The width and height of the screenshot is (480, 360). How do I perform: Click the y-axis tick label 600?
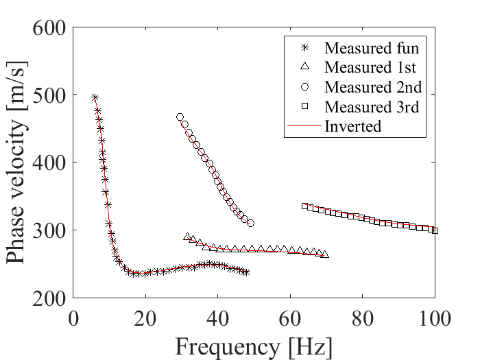pyautogui.click(x=49, y=28)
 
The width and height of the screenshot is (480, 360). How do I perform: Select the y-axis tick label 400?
pyautogui.click(x=49, y=163)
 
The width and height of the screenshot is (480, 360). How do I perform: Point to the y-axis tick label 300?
pyautogui.click(x=49, y=230)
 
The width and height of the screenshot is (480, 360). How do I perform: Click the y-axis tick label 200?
pyautogui.click(x=49, y=298)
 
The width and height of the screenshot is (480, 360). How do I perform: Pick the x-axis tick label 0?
pyautogui.click(x=73, y=318)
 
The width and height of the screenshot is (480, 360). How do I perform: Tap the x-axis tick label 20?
pyautogui.click(x=145, y=318)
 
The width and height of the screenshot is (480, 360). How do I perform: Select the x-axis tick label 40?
pyautogui.click(x=217, y=318)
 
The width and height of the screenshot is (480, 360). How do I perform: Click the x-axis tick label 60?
pyautogui.click(x=290, y=318)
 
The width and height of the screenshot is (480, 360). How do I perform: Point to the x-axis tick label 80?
pyautogui.click(x=363, y=318)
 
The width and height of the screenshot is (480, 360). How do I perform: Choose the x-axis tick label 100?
pyautogui.click(x=435, y=318)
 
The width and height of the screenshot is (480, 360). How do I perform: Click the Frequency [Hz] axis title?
pyautogui.click(x=254, y=348)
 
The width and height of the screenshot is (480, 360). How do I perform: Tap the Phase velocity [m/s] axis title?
pyautogui.click(x=16, y=163)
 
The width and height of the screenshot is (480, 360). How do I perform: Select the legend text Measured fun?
pyautogui.click(x=372, y=48)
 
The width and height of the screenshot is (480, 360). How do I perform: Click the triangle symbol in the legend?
pyautogui.click(x=305, y=66)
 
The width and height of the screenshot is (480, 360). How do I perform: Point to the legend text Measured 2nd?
pyautogui.click(x=373, y=87)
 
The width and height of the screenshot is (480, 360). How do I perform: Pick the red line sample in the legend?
pyautogui.click(x=304, y=125)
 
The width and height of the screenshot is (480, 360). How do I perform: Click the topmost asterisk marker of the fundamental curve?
pyautogui.click(x=95, y=97)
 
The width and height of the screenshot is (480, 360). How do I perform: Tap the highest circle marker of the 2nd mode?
pyautogui.click(x=180, y=117)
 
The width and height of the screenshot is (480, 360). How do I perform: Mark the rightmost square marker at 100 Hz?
pyautogui.click(x=435, y=231)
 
